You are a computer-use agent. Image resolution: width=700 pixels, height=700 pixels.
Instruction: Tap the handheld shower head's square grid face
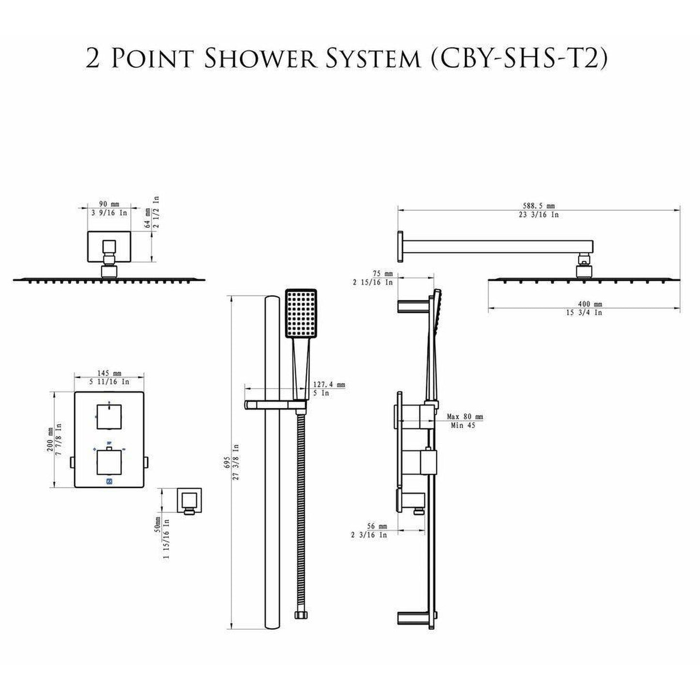[x=301, y=313]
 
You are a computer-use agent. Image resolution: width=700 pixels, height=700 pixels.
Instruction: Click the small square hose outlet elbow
[x=190, y=500]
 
